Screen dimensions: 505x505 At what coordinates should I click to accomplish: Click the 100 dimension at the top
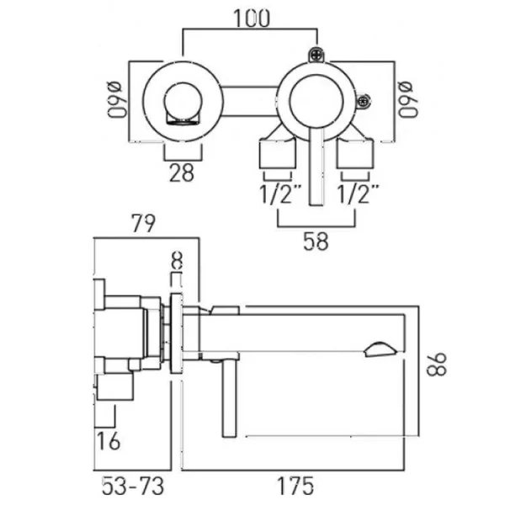252,18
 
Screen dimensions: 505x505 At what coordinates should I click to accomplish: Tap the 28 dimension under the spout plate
181,173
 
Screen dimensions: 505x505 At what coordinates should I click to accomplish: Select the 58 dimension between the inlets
316,241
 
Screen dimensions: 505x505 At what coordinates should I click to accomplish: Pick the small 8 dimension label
177,261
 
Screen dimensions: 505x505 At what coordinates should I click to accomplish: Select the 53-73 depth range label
126,486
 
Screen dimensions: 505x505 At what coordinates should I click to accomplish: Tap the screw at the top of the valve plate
318,56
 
